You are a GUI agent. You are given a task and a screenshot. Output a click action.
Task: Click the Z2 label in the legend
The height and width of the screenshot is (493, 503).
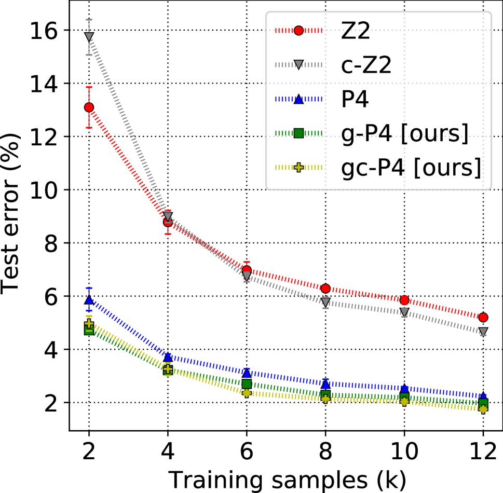click(x=356, y=31)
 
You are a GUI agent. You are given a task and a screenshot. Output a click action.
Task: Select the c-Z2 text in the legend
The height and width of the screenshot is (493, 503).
click(x=366, y=65)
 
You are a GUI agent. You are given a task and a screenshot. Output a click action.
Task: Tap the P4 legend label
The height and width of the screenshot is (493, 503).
click(x=355, y=100)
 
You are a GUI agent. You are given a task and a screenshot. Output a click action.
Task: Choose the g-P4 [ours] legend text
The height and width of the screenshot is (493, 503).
click(x=405, y=133)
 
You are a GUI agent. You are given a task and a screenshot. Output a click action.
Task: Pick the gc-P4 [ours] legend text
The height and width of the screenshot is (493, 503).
click(x=411, y=168)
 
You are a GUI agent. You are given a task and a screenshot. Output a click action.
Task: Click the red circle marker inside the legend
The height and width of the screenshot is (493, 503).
click(x=298, y=31)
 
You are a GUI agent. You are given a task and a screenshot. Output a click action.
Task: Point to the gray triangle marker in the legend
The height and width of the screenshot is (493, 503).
click(x=298, y=65)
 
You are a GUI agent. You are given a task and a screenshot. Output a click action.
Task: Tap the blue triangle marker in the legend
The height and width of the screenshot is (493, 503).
click(x=298, y=99)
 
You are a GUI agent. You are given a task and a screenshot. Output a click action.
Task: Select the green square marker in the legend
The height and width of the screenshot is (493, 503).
click(x=298, y=133)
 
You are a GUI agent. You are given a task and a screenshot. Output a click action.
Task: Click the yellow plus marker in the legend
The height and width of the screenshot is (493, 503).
click(x=298, y=168)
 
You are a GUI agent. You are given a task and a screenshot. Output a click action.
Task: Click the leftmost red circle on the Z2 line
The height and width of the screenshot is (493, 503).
click(x=89, y=107)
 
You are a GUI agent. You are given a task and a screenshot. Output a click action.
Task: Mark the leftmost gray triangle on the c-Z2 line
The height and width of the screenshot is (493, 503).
click(x=89, y=37)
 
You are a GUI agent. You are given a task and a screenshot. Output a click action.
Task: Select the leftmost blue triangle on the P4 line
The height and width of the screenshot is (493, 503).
click(x=89, y=299)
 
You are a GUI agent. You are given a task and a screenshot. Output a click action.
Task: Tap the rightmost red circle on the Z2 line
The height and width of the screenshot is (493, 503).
click(x=483, y=317)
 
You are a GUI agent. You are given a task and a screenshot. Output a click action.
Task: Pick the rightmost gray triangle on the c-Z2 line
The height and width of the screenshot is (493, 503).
click(x=483, y=332)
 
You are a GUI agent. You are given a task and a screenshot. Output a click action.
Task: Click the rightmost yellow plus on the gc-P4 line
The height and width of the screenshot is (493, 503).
click(x=483, y=409)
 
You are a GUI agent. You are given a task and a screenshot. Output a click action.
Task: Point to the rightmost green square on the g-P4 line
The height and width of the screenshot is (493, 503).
click(x=483, y=403)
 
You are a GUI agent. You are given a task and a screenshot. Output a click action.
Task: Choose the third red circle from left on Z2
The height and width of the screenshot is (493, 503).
click(x=247, y=270)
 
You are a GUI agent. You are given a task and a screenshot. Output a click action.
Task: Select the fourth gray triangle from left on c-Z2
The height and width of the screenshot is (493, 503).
click(x=325, y=301)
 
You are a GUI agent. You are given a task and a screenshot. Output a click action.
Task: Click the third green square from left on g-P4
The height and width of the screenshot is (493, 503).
click(x=247, y=384)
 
